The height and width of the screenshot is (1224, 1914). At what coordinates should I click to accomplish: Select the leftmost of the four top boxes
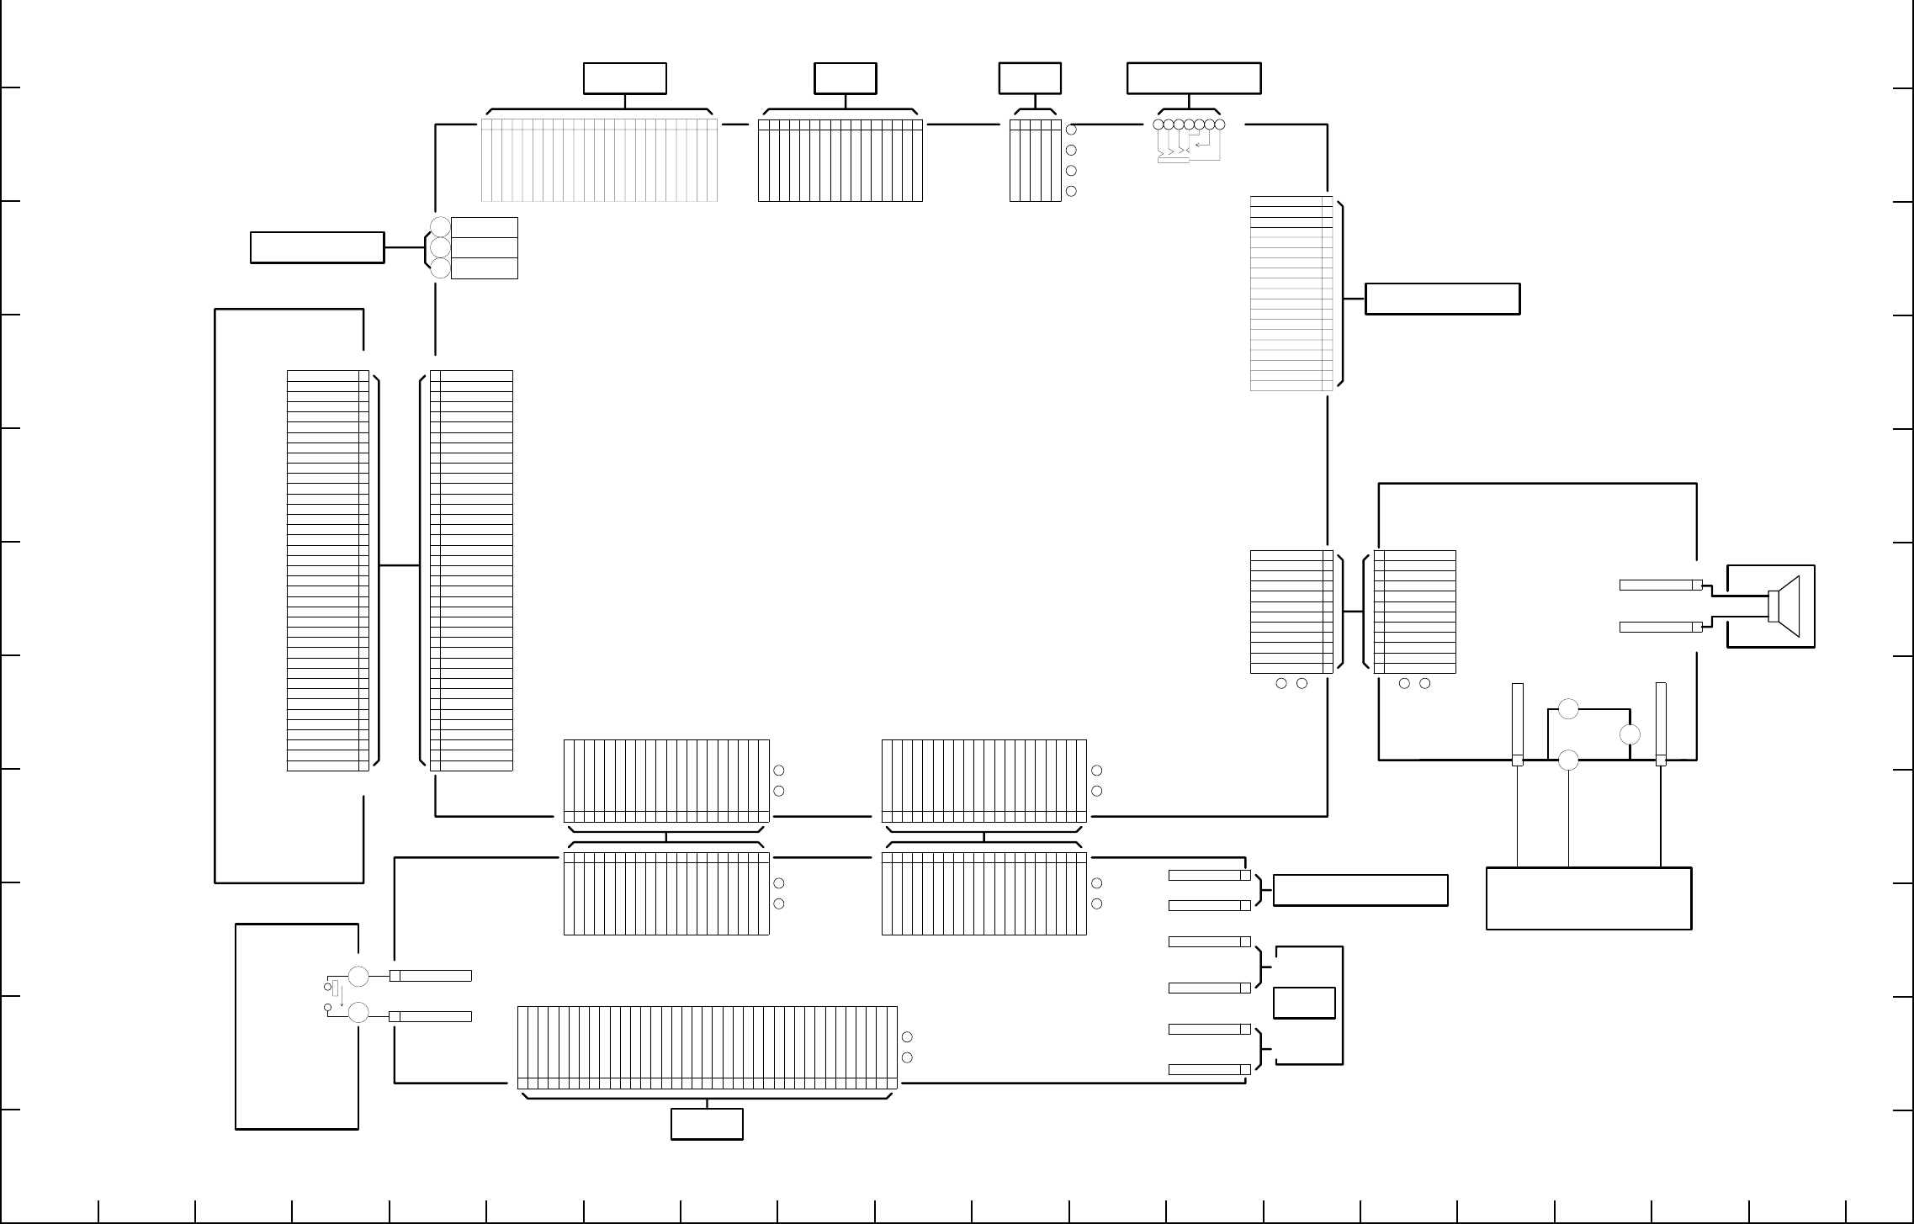[625, 78]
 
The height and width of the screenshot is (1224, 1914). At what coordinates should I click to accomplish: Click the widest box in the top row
[1193, 78]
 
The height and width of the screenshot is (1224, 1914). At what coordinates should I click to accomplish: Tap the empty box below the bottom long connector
[707, 1124]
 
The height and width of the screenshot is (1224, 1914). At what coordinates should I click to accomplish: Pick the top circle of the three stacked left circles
[440, 226]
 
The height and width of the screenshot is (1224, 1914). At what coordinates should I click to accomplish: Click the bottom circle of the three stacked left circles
[440, 268]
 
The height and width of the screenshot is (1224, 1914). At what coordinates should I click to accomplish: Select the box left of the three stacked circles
[317, 248]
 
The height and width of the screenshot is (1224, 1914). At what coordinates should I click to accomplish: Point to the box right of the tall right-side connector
[1442, 299]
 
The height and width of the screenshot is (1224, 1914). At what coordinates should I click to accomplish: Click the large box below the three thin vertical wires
[1588, 898]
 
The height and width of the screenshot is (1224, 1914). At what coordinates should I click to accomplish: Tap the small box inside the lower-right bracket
[1304, 1003]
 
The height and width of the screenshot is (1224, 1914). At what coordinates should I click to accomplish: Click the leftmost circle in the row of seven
[1158, 125]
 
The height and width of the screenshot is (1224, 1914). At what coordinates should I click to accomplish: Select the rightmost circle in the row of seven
[1220, 125]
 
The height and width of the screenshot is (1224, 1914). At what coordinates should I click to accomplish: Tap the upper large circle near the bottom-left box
[358, 977]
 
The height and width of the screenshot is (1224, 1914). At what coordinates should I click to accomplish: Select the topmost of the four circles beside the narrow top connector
[1071, 130]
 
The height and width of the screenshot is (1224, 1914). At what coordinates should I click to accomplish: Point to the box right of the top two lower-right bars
[1360, 890]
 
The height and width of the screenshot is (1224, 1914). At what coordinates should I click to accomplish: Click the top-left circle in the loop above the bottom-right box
[1568, 709]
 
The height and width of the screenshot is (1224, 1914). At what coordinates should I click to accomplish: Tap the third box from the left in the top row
[1030, 78]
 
